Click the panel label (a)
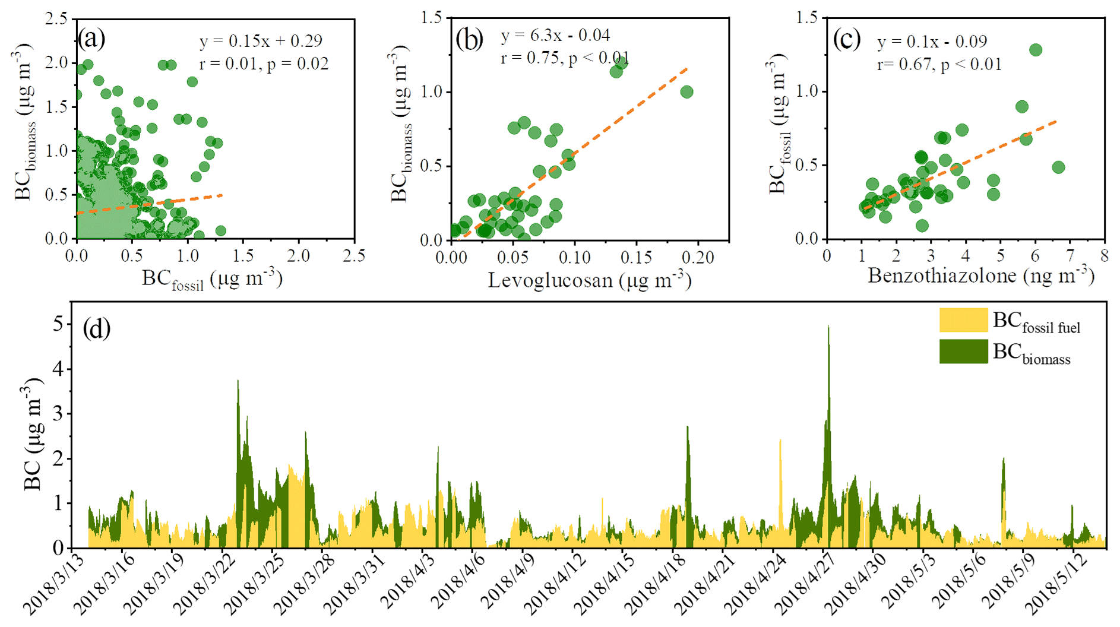pos(91,39)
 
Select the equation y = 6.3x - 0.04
pos(555,36)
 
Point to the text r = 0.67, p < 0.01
pos(939,64)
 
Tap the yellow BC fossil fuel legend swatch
pos(963,320)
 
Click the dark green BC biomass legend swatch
pos(963,351)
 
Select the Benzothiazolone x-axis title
pos(980,275)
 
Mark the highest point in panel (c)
pos(1036,50)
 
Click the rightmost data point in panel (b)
pos(686,92)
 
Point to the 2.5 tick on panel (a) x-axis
pos(354,256)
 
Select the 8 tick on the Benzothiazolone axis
pos(1105,256)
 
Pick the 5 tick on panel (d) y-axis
pos(59,324)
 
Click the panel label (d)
pos(97,328)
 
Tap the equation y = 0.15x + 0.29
pos(261,41)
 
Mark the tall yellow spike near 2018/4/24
pos(780,442)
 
